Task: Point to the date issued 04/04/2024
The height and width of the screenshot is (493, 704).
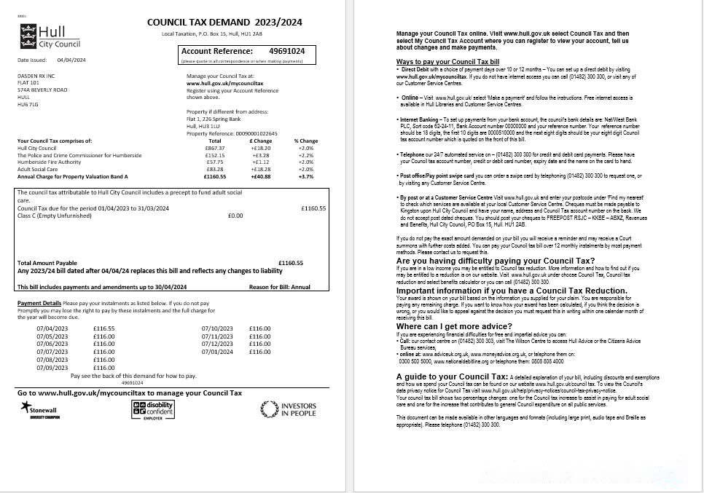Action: [71, 60]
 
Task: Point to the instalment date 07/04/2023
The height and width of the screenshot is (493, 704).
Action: [51, 328]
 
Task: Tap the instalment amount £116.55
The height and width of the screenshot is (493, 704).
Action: [103, 328]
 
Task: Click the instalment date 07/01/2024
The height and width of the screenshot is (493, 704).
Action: [216, 352]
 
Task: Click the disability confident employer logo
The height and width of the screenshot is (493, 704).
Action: [153, 410]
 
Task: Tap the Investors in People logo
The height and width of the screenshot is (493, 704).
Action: [289, 410]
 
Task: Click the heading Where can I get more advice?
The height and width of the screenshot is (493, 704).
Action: [454, 326]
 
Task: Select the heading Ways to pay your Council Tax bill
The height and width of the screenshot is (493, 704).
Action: [447, 62]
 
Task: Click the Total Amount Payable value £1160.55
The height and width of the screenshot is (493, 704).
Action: [290, 263]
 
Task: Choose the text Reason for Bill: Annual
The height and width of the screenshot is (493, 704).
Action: [279, 287]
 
